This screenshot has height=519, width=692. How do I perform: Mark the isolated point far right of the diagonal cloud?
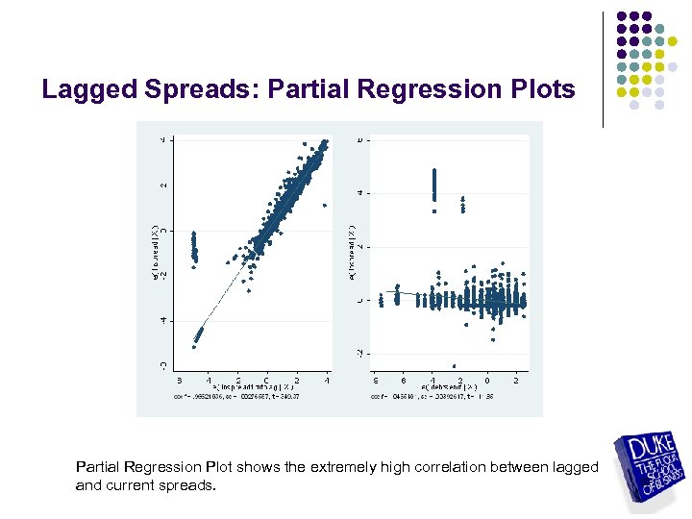(x=324, y=204)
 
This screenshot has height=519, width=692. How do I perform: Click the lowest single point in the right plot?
(x=454, y=365)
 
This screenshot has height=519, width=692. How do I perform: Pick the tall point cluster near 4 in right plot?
(x=433, y=188)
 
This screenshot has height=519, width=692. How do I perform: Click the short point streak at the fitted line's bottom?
(x=198, y=335)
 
